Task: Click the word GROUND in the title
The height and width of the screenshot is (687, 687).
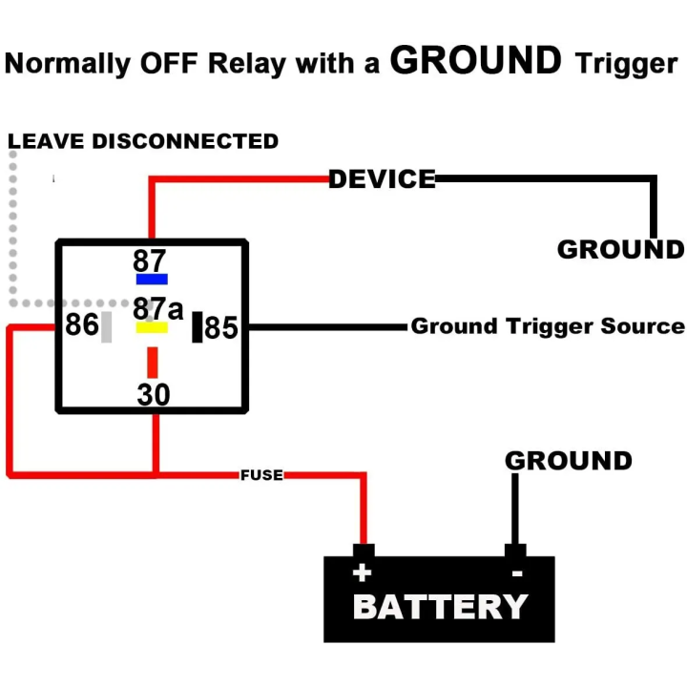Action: pyautogui.click(x=476, y=61)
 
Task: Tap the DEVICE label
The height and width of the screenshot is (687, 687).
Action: pyautogui.click(x=382, y=178)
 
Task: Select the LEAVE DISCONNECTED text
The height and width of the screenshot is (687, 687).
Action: pyautogui.click(x=143, y=141)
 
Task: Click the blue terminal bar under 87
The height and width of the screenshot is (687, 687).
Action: pyautogui.click(x=152, y=279)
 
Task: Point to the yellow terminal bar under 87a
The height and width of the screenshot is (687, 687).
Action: pyautogui.click(x=152, y=327)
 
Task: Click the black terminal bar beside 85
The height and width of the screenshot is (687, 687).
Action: pyautogui.click(x=198, y=327)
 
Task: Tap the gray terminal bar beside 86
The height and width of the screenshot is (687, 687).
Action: pyautogui.click(x=107, y=327)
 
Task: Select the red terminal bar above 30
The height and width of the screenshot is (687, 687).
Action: pyautogui.click(x=152, y=363)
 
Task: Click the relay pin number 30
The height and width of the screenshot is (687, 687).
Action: pyautogui.click(x=153, y=393)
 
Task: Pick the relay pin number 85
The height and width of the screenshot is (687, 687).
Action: pyautogui.click(x=221, y=328)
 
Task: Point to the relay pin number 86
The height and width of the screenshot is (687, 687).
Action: pyautogui.click(x=82, y=325)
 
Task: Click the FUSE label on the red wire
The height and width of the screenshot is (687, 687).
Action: pyautogui.click(x=261, y=474)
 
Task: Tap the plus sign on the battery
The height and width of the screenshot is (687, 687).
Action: pyautogui.click(x=362, y=572)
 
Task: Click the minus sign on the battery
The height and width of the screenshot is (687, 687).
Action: pyautogui.click(x=516, y=573)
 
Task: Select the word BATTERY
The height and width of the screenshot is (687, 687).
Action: pyautogui.click(x=440, y=607)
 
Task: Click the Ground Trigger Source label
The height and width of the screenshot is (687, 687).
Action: pyautogui.click(x=548, y=326)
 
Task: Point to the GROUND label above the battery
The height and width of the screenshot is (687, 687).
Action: pyautogui.click(x=568, y=461)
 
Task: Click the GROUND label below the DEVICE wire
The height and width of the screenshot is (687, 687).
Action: pyautogui.click(x=620, y=250)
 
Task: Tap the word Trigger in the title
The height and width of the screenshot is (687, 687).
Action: pyautogui.click(x=626, y=64)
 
